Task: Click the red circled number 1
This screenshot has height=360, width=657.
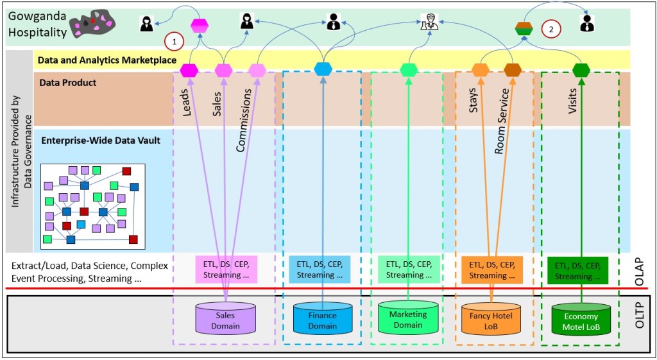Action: [174, 41]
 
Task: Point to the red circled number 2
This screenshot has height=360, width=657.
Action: [551, 28]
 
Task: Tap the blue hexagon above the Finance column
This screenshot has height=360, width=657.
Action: [323, 69]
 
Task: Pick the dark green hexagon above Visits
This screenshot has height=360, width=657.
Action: [581, 69]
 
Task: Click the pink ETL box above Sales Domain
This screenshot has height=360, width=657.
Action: [226, 269]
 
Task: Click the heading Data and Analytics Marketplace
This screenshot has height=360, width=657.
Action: [107, 60]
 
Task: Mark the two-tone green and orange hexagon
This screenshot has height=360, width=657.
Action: [524, 28]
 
